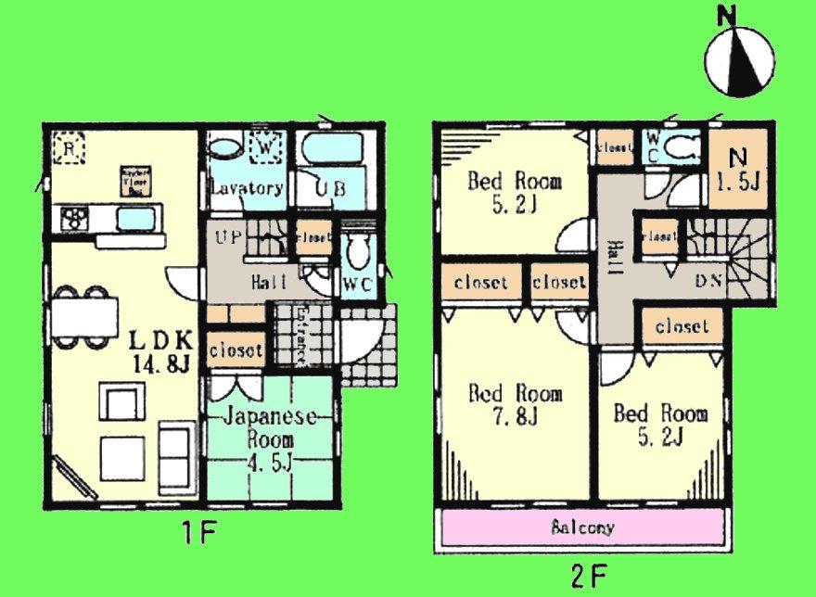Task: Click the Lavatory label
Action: [x=246, y=188]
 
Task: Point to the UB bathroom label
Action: [x=330, y=188]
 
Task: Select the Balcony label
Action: [x=582, y=528]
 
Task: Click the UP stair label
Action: [x=228, y=238]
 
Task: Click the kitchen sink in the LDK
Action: [x=135, y=219]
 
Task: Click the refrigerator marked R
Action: [x=65, y=146]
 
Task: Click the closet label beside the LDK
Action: [x=236, y=351]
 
